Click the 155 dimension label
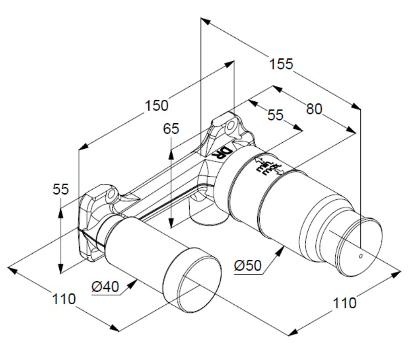coord(282,64)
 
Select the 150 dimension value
coord(156,105)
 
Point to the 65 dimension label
coord(171,128)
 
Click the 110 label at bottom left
coord(65,298)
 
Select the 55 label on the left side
coord(61,189)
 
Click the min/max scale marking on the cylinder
coord(266,166)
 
